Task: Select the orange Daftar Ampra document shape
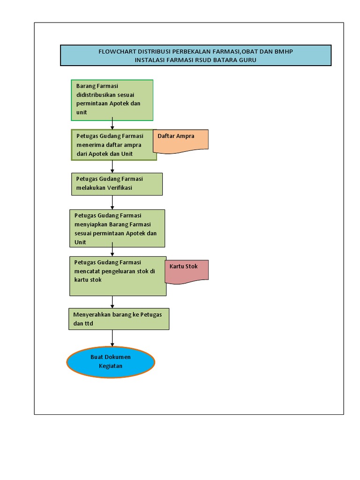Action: point(180,141)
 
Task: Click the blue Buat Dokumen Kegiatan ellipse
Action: point(111,361)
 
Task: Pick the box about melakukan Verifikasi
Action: point(117,184)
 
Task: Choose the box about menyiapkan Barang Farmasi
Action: point(117,228)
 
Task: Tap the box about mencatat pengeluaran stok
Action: point(118,276)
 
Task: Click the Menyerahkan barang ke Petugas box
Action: point(119,319)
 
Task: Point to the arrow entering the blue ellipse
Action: point(112,338)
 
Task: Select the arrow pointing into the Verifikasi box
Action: point(112,167)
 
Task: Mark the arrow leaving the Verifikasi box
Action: point(112,202)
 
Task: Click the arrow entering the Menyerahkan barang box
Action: point(112,302)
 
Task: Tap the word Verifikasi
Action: point(120,188)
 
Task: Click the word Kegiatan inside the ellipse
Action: point(111,366)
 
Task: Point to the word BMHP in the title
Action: point(284,52)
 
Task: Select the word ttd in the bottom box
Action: point(89,323)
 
